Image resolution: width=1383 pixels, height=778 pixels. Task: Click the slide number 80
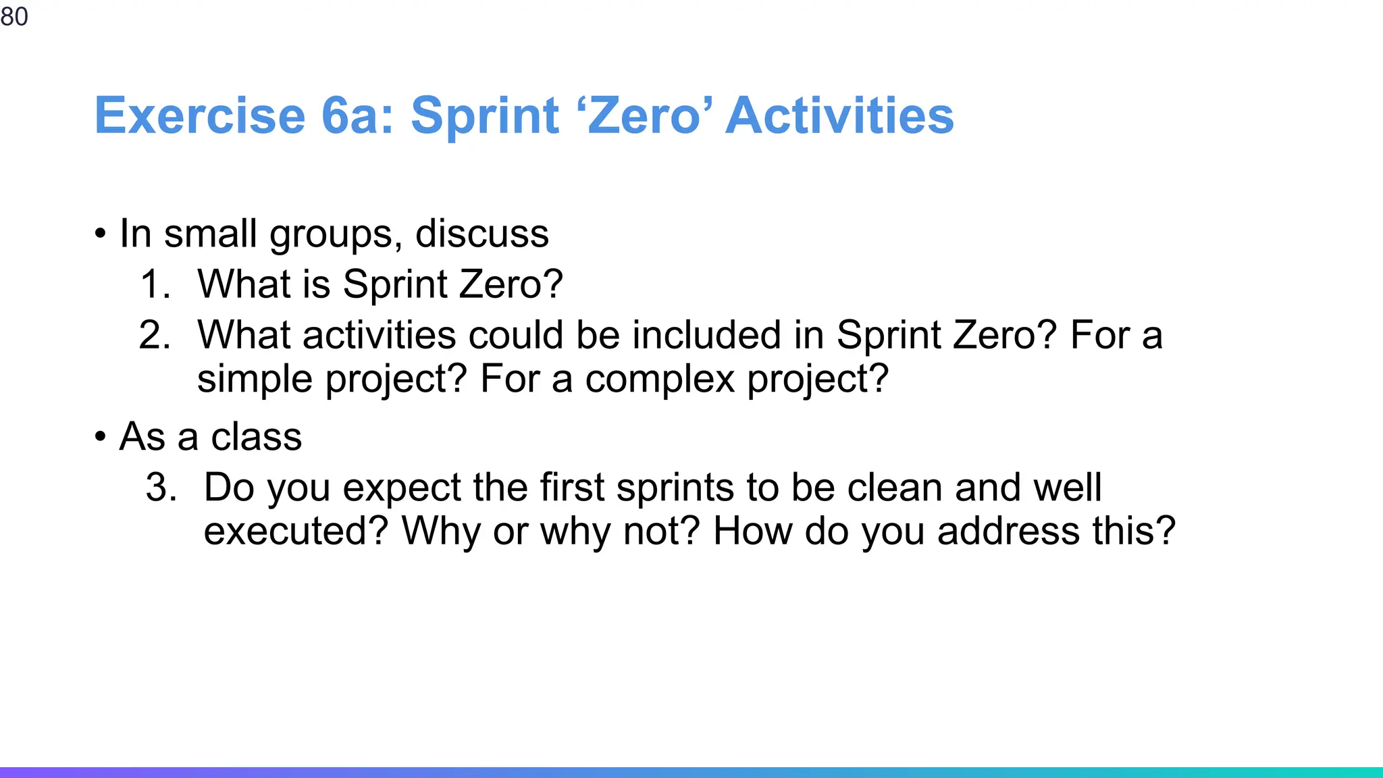click(14, 16)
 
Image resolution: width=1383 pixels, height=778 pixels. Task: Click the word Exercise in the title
click(200, 115)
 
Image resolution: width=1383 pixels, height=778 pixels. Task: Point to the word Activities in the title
click(839, 115)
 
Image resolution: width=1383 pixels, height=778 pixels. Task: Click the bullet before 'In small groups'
click(101, 234)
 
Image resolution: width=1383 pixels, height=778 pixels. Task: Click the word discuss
click(481, 234)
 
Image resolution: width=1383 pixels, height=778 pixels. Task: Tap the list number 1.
click(155, 284)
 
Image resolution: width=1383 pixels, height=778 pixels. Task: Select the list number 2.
click(155, 335)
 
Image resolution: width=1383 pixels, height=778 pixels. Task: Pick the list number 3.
click(161, 487)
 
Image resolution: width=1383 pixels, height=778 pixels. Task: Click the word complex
click(659, 380)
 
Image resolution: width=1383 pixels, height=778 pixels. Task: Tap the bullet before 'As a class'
click(101, 437)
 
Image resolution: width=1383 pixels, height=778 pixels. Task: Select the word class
click(256, 436)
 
